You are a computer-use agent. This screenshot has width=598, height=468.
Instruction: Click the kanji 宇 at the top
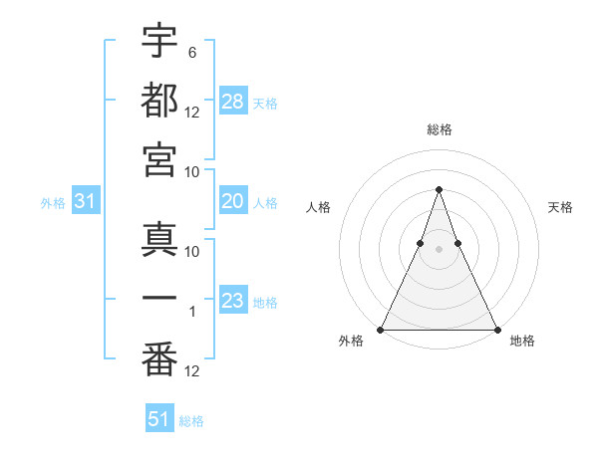159,41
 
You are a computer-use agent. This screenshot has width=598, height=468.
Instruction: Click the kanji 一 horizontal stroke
159,298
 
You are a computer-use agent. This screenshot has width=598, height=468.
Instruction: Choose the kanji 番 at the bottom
159,355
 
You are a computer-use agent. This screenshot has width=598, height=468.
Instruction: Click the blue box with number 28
233,101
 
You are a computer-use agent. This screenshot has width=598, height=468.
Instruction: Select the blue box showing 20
233,201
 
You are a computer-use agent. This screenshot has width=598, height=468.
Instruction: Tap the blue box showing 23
233,301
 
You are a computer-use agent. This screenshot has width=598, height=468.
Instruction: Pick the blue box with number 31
86,201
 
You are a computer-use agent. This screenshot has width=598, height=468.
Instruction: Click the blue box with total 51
159,419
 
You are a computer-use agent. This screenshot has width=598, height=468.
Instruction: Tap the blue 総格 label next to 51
192,421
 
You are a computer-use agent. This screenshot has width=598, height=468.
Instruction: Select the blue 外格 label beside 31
53,203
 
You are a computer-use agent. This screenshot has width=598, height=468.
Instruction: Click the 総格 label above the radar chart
439,129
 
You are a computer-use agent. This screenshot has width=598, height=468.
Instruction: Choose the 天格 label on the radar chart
560,207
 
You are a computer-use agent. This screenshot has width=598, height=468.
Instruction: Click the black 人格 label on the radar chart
318,207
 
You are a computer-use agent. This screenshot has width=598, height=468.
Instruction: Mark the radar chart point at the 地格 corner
496,329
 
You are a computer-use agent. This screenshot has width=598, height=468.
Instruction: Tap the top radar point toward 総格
439,189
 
